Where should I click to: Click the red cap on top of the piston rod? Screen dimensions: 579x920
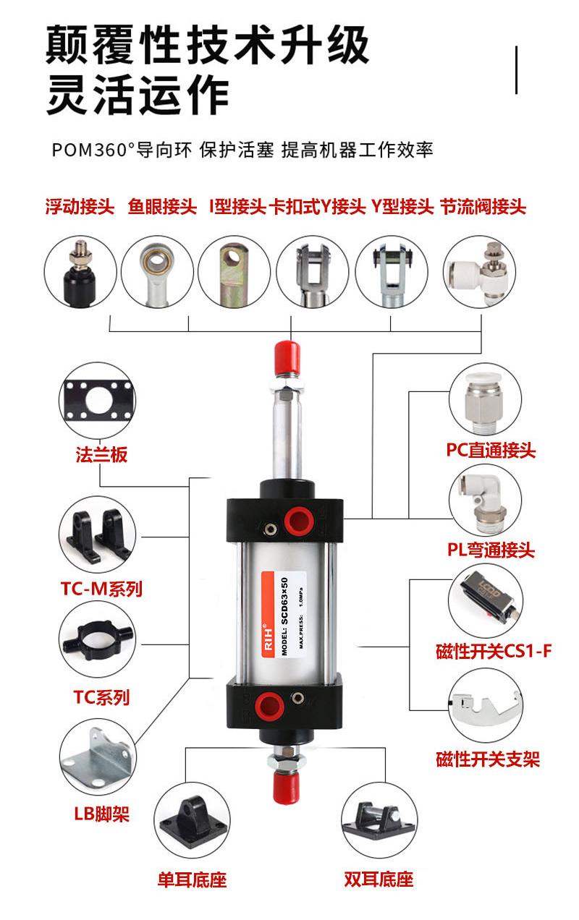coord(287,358)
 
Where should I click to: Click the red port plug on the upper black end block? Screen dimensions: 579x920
coord(299,521)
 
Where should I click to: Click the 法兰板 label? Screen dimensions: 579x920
coord(101,455)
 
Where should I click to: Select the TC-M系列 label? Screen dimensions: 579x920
coord(101,589)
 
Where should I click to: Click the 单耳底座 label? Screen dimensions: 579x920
coord(193,879)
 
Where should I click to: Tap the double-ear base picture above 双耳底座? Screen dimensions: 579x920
coord(379,819)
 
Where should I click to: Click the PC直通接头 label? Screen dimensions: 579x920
coord(491,450)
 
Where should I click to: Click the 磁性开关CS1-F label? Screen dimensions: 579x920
coord(494,651)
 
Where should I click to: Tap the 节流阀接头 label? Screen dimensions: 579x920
coord(483,207)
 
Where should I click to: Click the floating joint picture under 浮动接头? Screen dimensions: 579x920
coord(80,273)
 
